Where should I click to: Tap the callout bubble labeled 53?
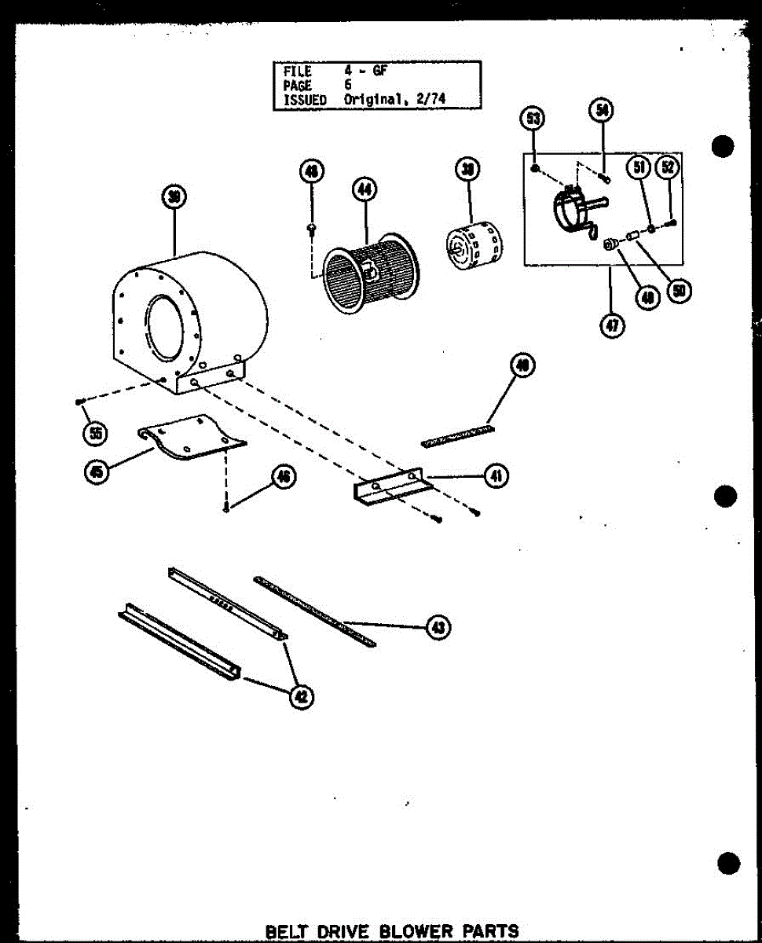tap(533, 119)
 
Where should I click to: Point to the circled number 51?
tap(639, 168)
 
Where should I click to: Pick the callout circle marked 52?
tap(669, 168)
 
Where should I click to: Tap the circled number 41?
tap(496, 475)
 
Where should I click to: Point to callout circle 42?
tap(300, 695)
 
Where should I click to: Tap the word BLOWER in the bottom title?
tap(412, 932)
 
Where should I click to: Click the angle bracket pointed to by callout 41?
tap(390, 490)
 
